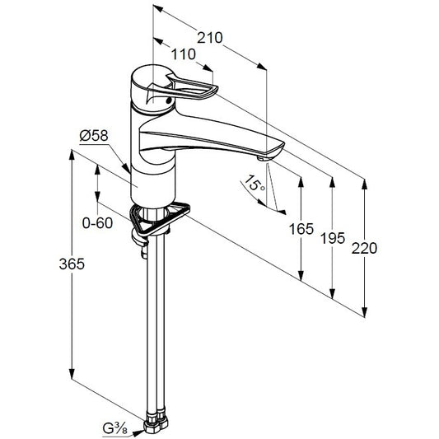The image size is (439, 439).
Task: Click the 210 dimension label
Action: click(210, 38)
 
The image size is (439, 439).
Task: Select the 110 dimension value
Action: click(184, 54)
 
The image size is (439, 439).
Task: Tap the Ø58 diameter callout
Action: click(94, 136)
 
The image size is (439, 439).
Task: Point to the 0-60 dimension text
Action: click(98, 223)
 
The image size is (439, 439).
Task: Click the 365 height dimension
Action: click(72, 264)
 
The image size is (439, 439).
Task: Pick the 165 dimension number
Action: click(301, 229)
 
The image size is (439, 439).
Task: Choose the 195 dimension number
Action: click(333, 239)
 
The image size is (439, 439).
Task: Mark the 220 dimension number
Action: click(364, 248)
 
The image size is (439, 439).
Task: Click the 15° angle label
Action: click(255, 183)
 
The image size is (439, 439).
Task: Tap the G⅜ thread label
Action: click(115, 428)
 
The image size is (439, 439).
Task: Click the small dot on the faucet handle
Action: click(168, 100)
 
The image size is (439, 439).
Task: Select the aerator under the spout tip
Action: click(263, 159)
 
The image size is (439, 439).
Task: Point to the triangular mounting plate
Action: click(160, 220)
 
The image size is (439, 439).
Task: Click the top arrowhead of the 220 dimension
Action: click(364, 184)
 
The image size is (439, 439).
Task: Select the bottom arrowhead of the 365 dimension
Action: click(72, 374)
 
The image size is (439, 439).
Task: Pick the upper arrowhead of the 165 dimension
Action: click(301, 182)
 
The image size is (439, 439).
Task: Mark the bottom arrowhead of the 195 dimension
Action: click(332, 293)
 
